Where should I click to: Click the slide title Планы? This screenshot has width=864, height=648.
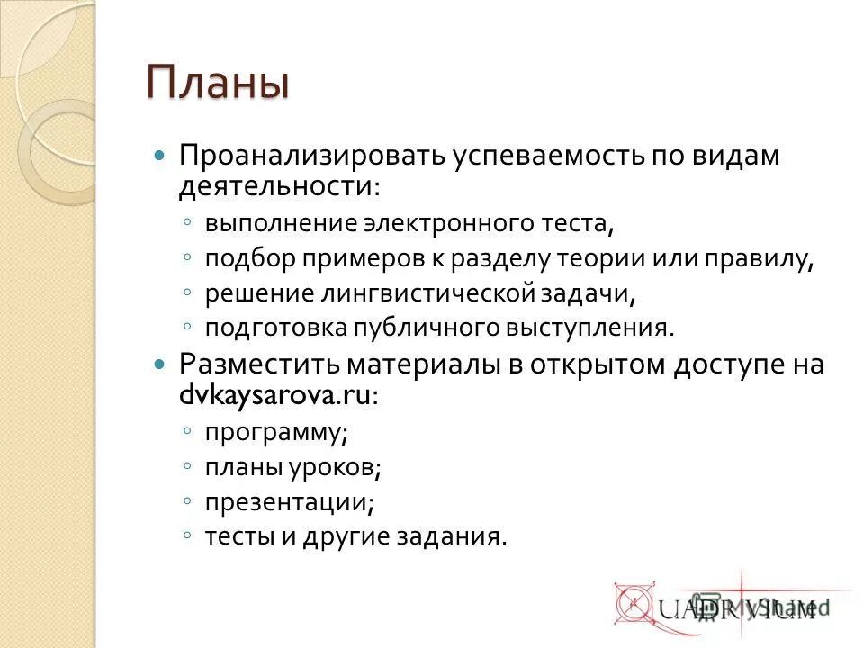point(219,85)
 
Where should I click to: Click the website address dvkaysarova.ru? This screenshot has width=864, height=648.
point(274,397)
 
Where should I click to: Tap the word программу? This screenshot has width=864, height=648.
point(275,432)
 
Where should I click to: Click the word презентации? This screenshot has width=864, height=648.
point(289,501)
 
